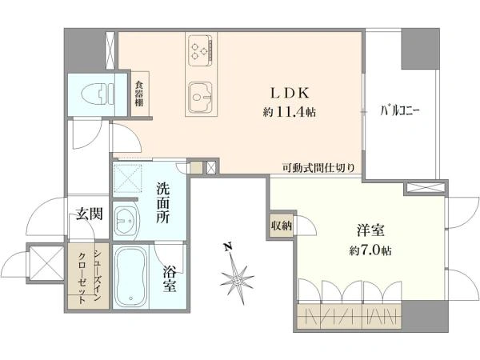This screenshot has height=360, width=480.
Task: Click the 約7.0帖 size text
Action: (370, 250)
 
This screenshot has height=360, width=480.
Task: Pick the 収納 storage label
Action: (281, 226)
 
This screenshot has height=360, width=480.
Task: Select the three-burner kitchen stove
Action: (200, 52)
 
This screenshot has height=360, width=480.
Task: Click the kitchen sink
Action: (200, 99)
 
